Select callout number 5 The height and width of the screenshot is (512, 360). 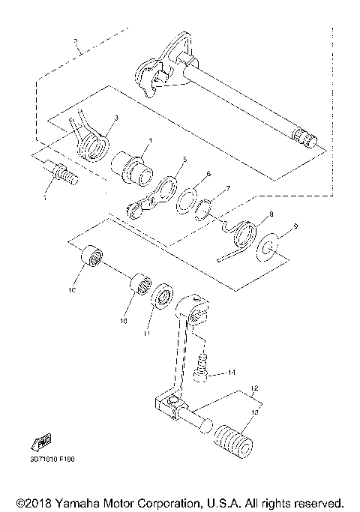point(184,160)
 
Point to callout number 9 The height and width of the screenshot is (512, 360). point(295,226)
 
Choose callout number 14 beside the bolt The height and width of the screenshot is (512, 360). point(232,372)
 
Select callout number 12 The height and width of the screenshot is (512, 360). point(255,389)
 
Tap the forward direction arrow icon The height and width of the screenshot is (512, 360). point(43,439)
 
